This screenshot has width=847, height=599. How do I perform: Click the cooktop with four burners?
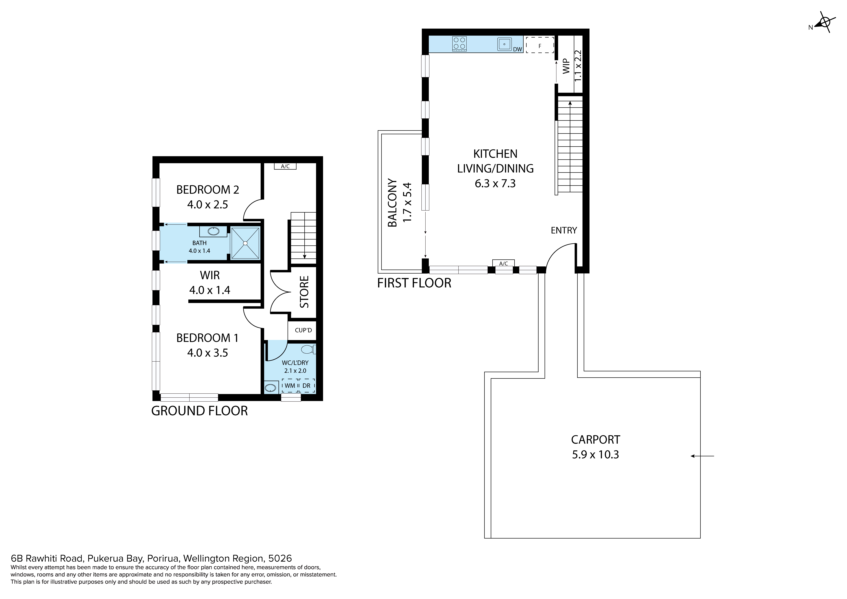[459, 44]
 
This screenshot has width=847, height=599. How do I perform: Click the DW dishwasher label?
[518, 49]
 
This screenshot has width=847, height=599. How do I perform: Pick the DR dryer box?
[307, 385]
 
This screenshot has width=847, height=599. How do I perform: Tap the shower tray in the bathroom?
[245, 243]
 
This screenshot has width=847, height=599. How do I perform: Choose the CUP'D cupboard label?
[303, 330]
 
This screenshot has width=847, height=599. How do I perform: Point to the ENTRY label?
[564, 231]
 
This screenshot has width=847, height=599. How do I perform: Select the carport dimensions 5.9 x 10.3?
[595, 454]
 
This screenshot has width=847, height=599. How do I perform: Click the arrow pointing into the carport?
[702, 456]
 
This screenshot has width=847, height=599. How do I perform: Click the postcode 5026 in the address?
[280, 558]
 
